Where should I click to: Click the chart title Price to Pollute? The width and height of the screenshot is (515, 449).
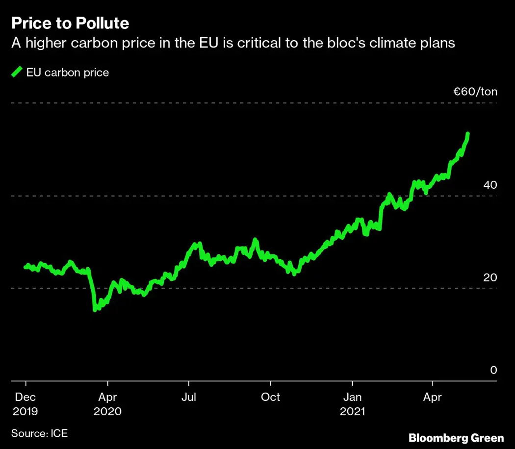70,23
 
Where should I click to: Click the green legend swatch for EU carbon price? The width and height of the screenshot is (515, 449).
17,73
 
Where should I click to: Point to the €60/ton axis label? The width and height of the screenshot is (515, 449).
475,92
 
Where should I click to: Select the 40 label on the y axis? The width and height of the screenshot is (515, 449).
490,185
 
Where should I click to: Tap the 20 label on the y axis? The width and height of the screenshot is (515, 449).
490,277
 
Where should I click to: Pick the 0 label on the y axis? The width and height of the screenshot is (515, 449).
493,370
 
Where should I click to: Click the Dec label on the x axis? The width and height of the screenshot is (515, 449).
26,397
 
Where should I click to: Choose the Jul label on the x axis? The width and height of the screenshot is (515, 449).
188,397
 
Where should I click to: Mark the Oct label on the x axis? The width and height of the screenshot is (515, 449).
270,397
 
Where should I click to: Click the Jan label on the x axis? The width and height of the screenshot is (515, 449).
352,397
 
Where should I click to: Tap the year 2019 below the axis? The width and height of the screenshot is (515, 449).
26,411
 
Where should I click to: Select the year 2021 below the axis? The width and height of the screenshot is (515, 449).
353,411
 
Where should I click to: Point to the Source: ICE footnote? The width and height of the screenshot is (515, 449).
39,433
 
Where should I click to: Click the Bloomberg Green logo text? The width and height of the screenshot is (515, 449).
456,437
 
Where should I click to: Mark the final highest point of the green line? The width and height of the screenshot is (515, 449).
468,134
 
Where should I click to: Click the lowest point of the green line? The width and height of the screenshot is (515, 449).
95,309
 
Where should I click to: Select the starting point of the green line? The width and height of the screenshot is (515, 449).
26,267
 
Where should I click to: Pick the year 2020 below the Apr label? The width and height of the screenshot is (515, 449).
107,411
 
